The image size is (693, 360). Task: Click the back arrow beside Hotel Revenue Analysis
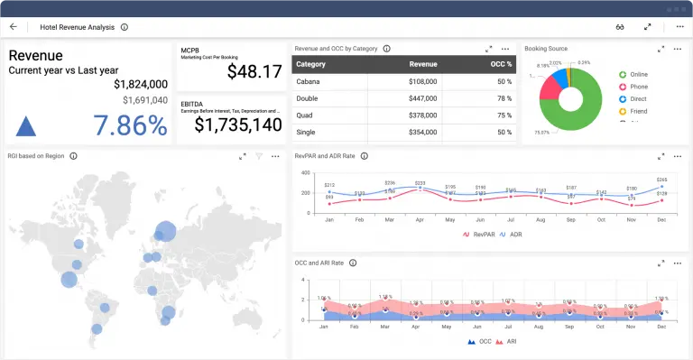[x=14, y=27]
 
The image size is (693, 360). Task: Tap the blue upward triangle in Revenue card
[x=26, y=126]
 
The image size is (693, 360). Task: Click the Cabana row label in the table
[x=309, y=81]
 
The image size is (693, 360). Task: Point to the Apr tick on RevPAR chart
[x=420, y=219]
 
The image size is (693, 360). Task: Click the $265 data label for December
[x=661, y=180]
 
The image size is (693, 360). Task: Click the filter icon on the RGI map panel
[x=259, y=156]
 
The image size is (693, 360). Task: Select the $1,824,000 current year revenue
[x=141, y=83]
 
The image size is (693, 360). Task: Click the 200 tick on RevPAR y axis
[x=307, y=193]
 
